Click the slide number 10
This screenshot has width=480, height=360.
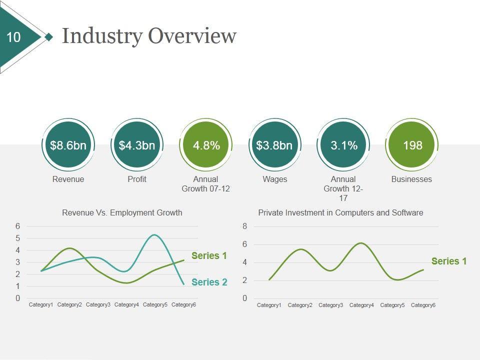point(14,37)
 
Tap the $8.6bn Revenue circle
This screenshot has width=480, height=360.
point(68,145)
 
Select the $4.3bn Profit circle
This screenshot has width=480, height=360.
point(137,145)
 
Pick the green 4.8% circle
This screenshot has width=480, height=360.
point(206,145)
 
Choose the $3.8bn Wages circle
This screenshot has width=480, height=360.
point(274,145)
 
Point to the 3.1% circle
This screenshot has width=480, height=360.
point(343,145)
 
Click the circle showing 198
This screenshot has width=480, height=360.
point(412,145)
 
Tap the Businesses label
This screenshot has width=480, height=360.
point(411,179)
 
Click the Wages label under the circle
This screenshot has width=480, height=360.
point(274,179)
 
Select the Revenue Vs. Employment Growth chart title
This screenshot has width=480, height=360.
point(122,212)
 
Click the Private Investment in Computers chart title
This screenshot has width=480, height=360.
point(340,212)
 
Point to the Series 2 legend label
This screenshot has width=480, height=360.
point(209,282)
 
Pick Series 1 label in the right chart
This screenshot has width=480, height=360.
point(448,261)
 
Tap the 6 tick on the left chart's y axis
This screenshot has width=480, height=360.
point(17,226)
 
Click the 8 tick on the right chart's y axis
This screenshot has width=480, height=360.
point(244,226)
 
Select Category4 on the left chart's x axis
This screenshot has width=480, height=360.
point(126,304)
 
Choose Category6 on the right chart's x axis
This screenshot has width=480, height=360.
point(423,305)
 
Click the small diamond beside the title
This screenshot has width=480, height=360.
point(48,36)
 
